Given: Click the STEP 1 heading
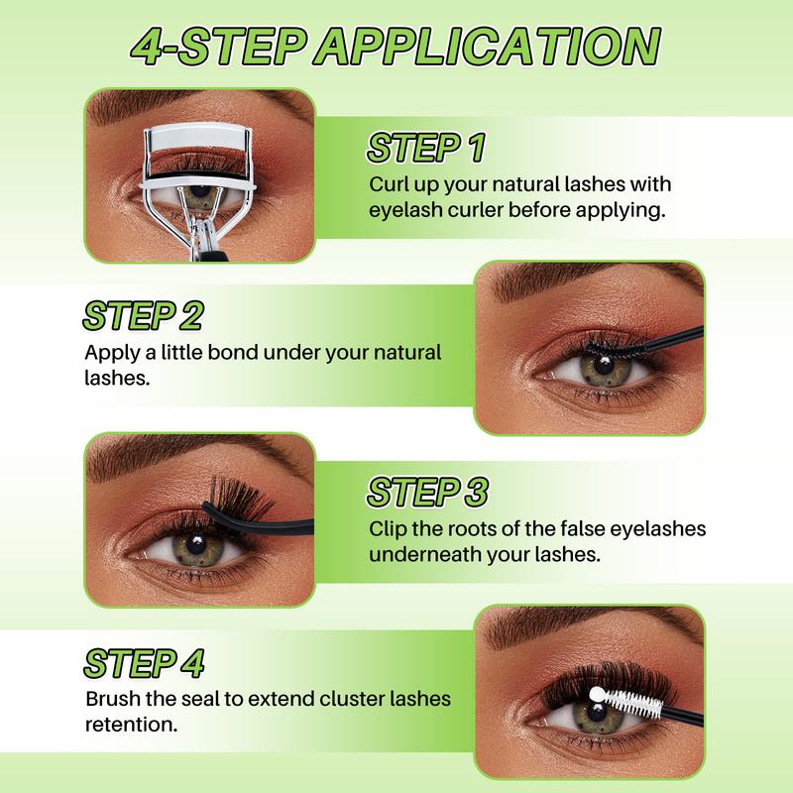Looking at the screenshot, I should click(426, 149).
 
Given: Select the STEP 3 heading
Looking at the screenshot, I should click(428, 492).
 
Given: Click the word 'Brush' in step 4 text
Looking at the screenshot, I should click(112, 699).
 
